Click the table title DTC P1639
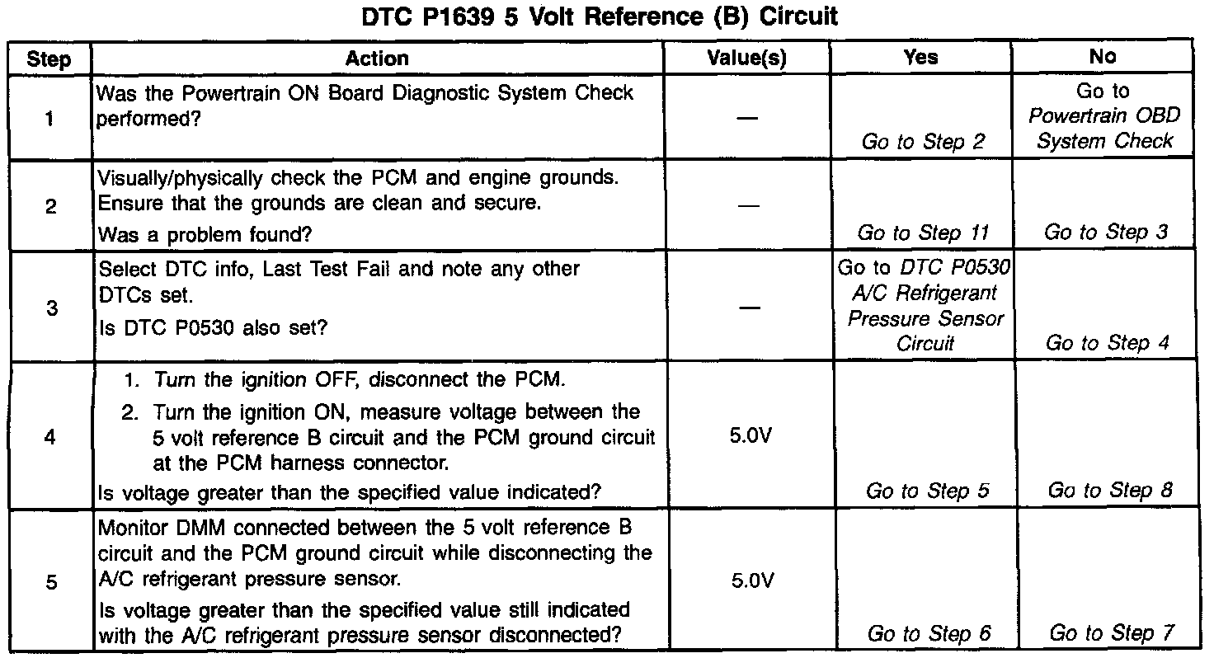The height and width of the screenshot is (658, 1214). [600, 17]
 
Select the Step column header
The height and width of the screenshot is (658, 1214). [49, 59]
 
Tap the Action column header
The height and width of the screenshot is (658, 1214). [377, 59]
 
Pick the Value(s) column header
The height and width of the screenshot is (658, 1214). [747, 59]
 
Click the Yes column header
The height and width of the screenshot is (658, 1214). [920, 58]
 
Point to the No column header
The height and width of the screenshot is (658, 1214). [1103, 57]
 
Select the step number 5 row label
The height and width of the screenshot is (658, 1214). [50, 582]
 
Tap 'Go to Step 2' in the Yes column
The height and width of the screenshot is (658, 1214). [923, 142]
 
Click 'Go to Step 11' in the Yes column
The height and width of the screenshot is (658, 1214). [923, 233]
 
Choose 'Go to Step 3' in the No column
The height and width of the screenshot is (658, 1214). [1106, 233]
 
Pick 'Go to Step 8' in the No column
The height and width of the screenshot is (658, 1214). [1109, 491]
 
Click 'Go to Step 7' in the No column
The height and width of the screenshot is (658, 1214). [1110, 633]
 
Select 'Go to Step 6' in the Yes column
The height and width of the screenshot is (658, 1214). [929, 633]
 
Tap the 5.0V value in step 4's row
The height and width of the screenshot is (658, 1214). [751, 435]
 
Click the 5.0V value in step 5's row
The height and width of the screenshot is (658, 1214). [751, 580]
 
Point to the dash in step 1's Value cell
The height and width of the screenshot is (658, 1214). [747, 118]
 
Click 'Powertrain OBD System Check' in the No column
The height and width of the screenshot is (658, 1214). [1104, 129]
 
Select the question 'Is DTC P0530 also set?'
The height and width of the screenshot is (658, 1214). [213, 327]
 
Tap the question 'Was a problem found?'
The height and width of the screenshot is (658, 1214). [205, 235]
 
